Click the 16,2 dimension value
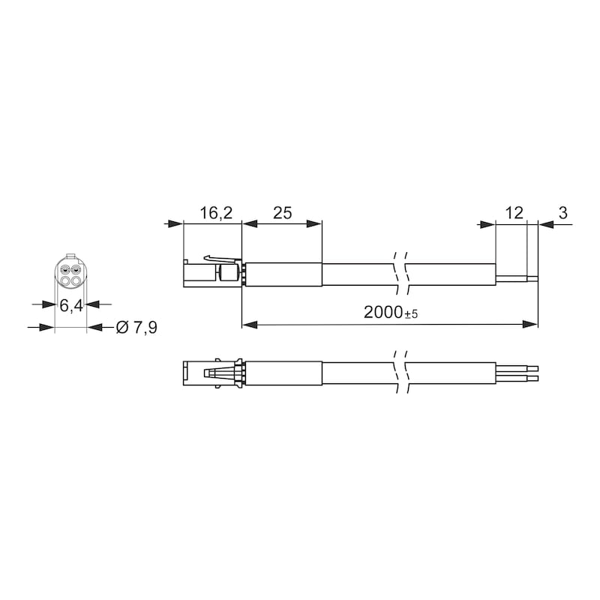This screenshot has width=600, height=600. point(216,213)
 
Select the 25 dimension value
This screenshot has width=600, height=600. point(281,213)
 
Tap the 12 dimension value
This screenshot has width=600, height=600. point(514,213)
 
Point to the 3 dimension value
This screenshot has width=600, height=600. point(562,213)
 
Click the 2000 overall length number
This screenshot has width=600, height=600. point(382,313)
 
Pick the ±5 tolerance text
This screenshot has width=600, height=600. point(409,315)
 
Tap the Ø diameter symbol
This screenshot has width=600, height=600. point(122,328)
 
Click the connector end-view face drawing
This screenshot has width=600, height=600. point(70,274)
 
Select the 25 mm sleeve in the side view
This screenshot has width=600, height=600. point(284,274)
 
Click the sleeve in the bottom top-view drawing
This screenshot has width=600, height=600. point(284,373)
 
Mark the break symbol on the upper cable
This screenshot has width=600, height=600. point(400,274)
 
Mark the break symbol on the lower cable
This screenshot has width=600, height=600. point(400,373)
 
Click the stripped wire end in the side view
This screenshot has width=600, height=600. point(517,277)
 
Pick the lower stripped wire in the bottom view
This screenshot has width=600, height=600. point(517,378)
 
